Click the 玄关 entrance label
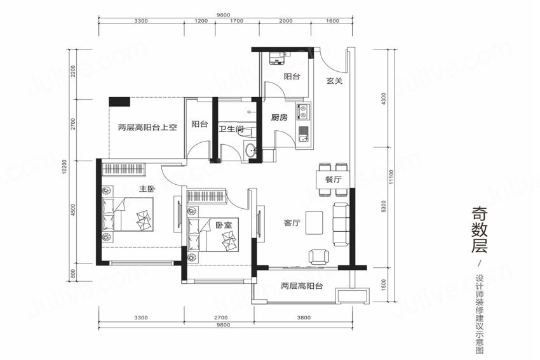[x=334, y=81]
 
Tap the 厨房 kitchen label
[x=279, y=117]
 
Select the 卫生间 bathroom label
[x=231, y=130]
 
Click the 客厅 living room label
[x=292, y=223]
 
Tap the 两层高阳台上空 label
[x=147, y=128]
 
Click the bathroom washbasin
[x=250, y=150]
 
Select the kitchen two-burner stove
[x=304, y=110]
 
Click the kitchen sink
[x=304, y=135]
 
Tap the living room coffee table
[x=314, y=223]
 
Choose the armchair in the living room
[x=317, y=257]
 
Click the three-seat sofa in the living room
[x=341, y=224]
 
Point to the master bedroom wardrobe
[x=124, y=169]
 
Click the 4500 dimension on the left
[x=72, y=210]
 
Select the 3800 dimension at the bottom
[x=304, y=317]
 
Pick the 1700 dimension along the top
[x=236, y=21]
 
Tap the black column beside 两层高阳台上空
[x=119, y=102]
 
